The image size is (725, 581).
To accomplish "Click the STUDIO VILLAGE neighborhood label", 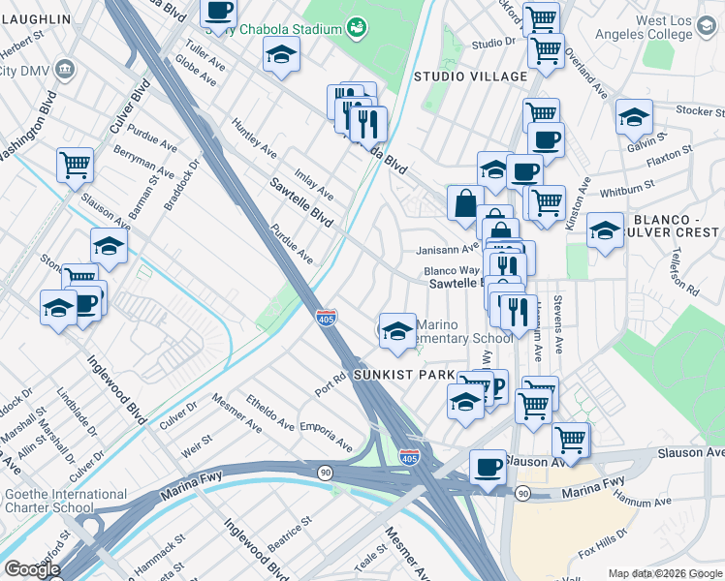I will pyautogui.click(x=460, y=76).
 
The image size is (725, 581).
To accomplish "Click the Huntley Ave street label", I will pyautogui.click(x=255, y=137).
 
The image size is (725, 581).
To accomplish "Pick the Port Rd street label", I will pyautogui.click(x=331, y=384).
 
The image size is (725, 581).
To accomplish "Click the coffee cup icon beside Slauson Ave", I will pyautogui.click(x=488, y=466).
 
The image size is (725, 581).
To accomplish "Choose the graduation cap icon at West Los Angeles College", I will pyautogui.click(x=633, y=115).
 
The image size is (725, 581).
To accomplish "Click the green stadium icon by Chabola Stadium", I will pyautogui.click(x=357, y=26).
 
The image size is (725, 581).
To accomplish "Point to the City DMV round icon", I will pyautogui.click(x=65, y=69).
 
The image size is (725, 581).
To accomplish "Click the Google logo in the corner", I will pyautogui.click(x=32, y=569).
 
